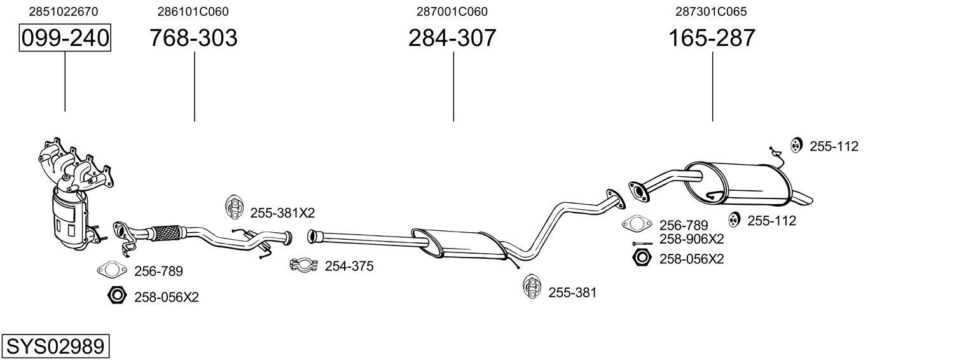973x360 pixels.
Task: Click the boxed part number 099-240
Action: pos(65,38)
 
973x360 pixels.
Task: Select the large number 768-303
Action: pos(193,38)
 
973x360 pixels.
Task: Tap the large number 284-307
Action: pos(452,38)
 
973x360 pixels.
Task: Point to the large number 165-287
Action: pos(712,38)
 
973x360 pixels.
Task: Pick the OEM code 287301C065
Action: pos(711,11)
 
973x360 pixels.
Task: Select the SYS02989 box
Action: pos(55,347)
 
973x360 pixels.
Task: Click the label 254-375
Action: pos(349,267)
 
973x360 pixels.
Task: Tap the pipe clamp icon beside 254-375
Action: pos(303,265)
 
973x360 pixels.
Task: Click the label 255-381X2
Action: pos(282,212)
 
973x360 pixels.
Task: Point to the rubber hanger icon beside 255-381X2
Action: pos(235,207)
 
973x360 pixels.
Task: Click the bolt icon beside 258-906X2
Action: pos(642,244)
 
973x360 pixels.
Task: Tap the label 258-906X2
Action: pos(691,239)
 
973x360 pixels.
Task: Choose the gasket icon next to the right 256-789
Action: pos(637,223)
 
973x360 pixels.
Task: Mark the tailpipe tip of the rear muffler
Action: pos(805,198)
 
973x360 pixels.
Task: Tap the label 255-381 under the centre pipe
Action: pos(572,293)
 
